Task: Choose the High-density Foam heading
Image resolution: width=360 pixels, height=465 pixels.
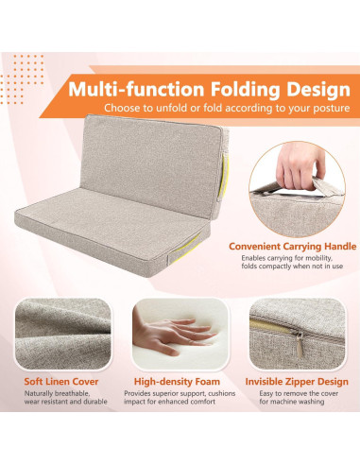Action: [x=180, y=383]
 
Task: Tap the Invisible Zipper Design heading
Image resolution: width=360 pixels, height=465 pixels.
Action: [x=296, y=383]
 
